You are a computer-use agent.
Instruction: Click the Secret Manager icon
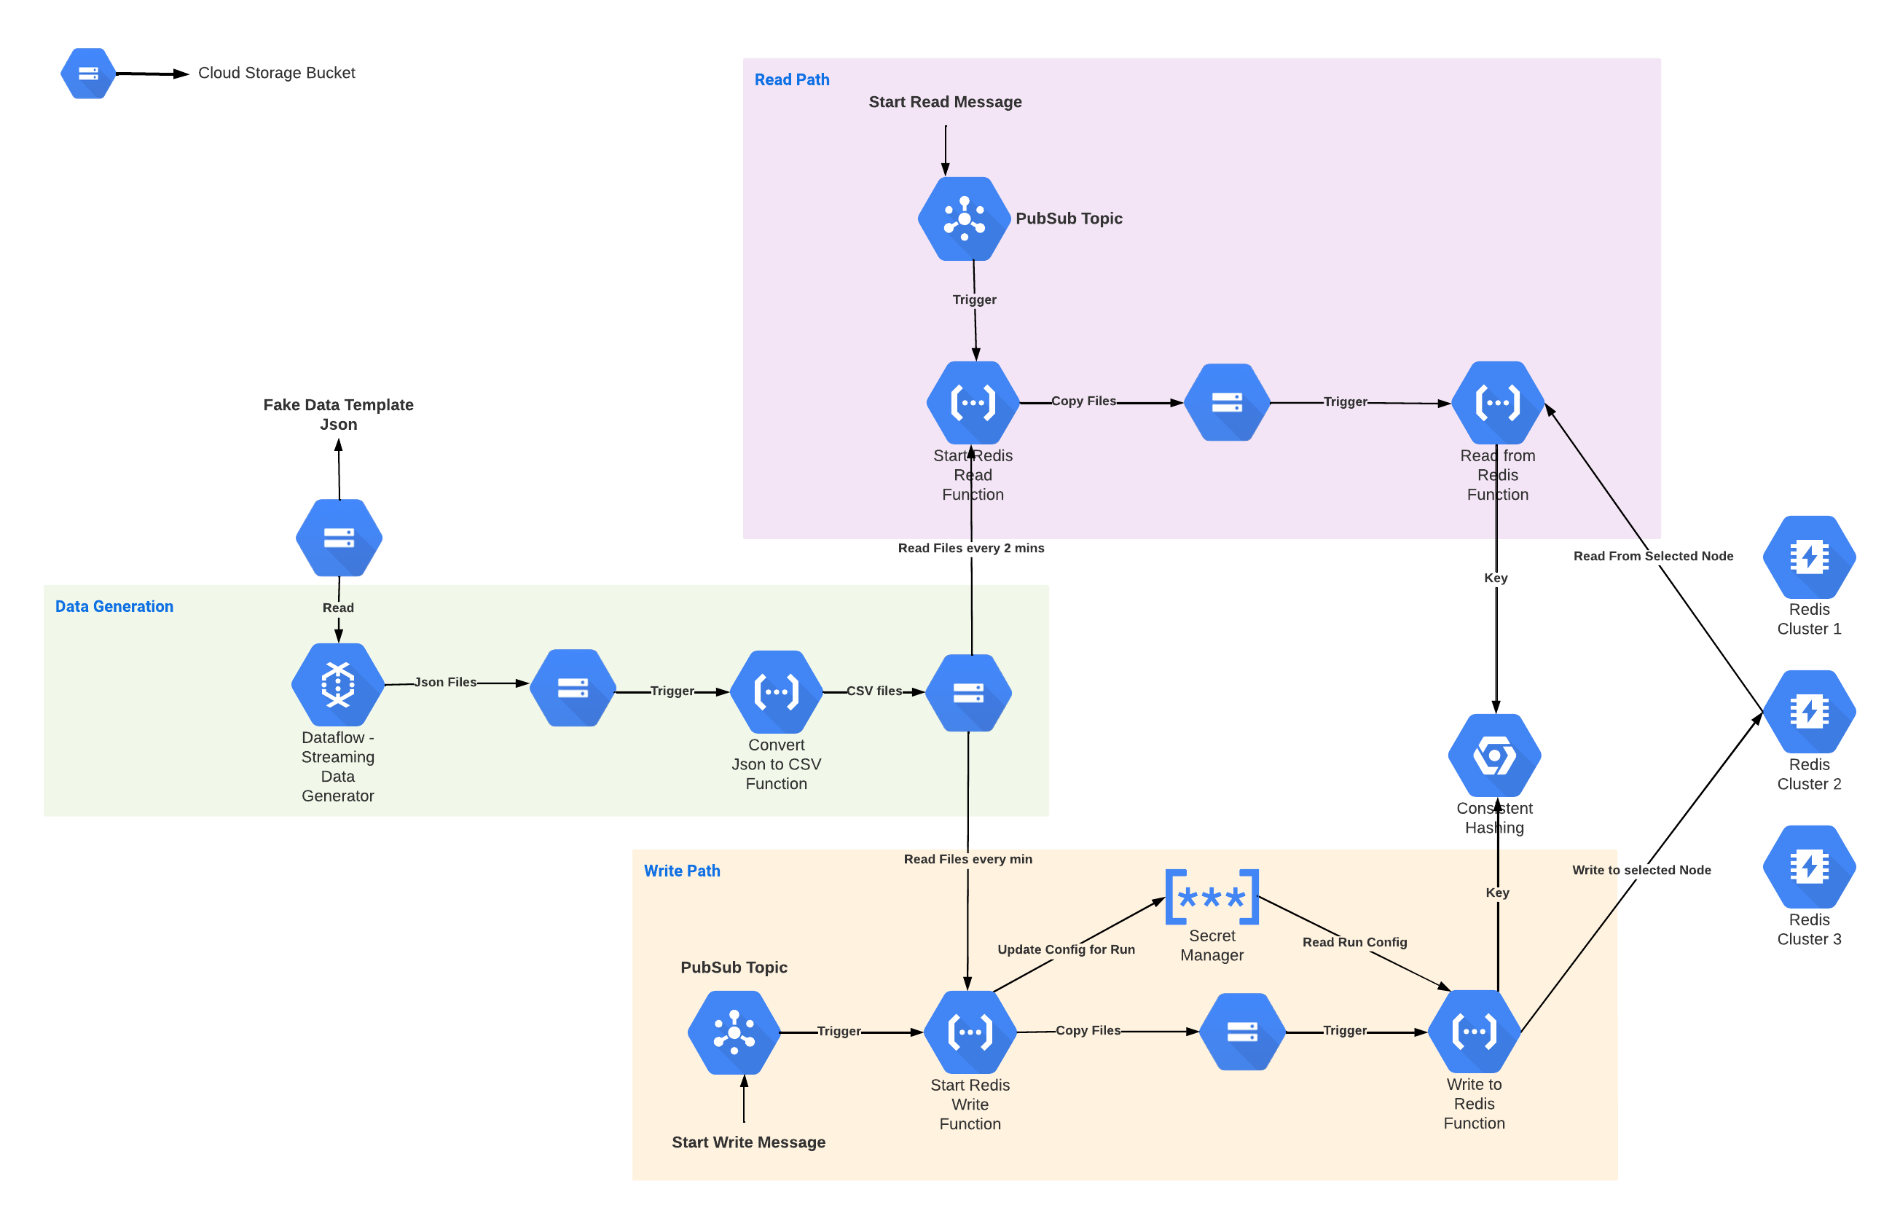click(x=1211, y=897)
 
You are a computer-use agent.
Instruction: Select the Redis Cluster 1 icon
click(x=1809, y=557)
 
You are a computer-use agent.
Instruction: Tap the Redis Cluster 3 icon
click(x=1809, y=866)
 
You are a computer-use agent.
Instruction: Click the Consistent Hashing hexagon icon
click(x=1494, y=755)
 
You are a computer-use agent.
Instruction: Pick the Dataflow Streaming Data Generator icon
click(x=338, y=683)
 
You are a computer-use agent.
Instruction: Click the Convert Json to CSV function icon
click(x=776, y=691)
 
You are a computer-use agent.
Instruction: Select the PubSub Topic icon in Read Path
click(x=964, y=219)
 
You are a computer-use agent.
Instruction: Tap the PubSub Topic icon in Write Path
click(x=734, y=1032)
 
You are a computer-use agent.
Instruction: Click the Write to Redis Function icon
click(x=1474, y=1032)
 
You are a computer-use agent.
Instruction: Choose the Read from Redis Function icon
click(x=1497, y=402)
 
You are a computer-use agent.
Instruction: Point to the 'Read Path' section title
click(x=791, y=79)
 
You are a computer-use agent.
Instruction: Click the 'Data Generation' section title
click(x=114, y=606)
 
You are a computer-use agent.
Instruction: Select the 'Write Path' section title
click(x=682, y=871)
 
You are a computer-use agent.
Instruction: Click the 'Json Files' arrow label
click(x=445, y=682)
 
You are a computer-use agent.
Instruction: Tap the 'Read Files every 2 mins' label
click(x=970, y=548)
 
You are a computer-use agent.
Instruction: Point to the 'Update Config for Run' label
click(x=1066, y=949)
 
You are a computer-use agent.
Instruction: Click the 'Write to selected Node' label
click(x=1641, y=869)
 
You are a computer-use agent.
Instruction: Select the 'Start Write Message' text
click(x=747, y=1142)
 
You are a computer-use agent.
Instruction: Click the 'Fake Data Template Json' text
click(x=338, y=413)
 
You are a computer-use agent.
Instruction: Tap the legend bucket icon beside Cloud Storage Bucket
click(x=88, y=73)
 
